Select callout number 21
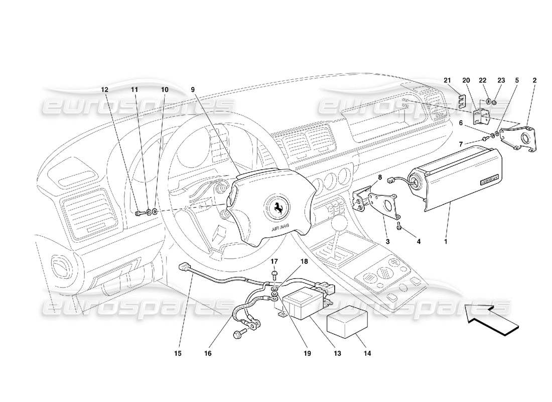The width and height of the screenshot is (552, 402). click(448, 80)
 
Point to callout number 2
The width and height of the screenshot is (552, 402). click(534, 80)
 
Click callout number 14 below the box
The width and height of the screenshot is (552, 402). click(367, 354)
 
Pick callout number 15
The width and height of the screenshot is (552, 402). click(178, 354)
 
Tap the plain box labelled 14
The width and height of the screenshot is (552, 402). click(346, 323)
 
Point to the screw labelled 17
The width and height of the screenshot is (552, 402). click(275, 274)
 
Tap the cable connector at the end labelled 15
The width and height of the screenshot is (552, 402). click(184, 267)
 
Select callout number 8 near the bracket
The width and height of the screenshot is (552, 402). click(379, 177)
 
